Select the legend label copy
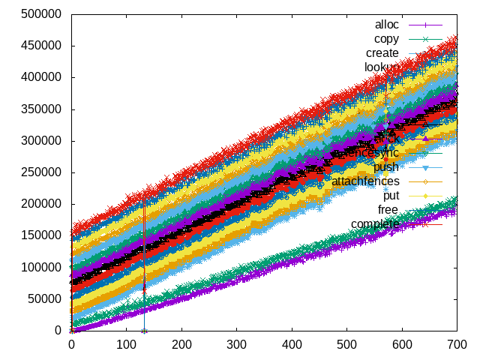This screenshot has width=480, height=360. coord(387,39)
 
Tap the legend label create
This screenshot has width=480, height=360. coord(382,53)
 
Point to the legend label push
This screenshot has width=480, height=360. coord(386,167)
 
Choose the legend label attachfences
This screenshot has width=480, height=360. coord(366,181)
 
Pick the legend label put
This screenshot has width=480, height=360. coord(391,196)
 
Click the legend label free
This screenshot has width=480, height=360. coord(388,210)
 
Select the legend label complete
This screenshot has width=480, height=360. coord(375,224)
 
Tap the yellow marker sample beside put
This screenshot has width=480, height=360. coord(425,196)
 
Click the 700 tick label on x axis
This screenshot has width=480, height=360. coord(457,344)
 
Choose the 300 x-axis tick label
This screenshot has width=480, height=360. coord(237,344)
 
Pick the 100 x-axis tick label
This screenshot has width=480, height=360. coord(127,344)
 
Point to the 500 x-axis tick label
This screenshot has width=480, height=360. coord(347,344)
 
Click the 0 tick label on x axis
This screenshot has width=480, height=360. coord(71,344)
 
